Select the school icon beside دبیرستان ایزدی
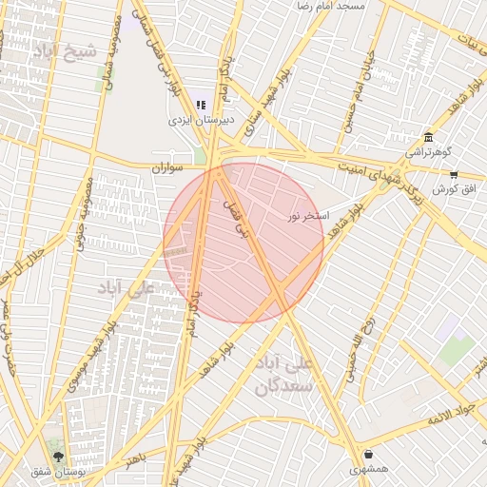pos(201,105)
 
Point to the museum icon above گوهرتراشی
pos(428,137)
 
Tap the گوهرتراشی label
pos(429,152)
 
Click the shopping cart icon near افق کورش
pos(453,175)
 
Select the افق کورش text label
pos(452,189)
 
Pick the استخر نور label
pos(309,216)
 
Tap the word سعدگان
pos(283,387)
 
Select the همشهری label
pos(368,469)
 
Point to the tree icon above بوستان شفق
pos(58,444)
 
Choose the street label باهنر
pos(135,459)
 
